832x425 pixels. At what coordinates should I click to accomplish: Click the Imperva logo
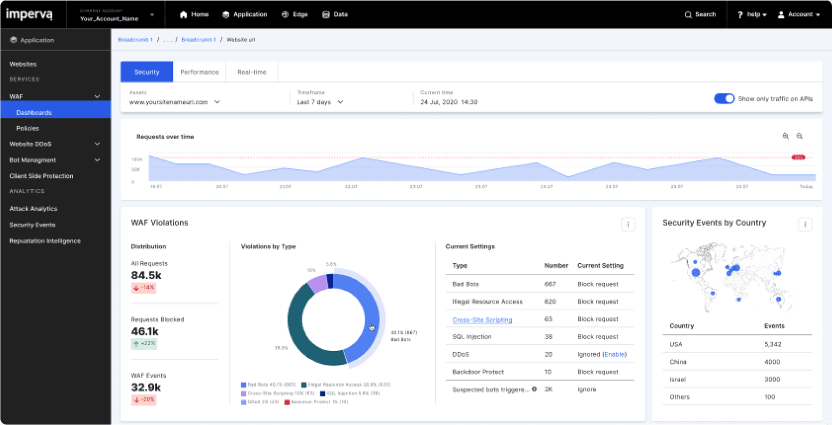(29, 14)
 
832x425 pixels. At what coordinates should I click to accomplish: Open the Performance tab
(199, 72)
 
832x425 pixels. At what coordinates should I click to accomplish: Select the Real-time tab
(252, 72)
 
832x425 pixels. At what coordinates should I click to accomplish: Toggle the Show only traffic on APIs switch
(724, 99)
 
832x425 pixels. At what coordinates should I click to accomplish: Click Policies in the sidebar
(28, 128)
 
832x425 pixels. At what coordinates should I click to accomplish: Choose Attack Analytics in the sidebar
(33, 209)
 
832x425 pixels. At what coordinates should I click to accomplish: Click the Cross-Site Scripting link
(482, 320)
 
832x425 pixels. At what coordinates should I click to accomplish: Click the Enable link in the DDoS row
(614, 354)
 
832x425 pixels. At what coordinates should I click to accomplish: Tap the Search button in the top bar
(700, 14)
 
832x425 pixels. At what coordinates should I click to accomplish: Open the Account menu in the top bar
(798, 14)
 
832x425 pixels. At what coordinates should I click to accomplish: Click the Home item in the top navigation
(194, 14)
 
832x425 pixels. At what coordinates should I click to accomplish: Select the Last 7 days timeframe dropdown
(320, 102)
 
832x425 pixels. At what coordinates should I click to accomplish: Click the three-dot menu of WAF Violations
(628, 224)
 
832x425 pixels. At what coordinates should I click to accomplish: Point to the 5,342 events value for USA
(772, 344)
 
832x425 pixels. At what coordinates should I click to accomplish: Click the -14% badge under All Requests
(143, 288)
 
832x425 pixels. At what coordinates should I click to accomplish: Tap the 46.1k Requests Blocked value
(145, 331)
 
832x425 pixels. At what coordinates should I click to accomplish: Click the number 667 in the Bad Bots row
(550, 284)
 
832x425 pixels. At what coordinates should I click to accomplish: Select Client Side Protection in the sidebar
(41, 176)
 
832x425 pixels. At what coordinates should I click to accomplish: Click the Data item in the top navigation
(335, 14)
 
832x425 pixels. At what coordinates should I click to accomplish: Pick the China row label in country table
(678, 362)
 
